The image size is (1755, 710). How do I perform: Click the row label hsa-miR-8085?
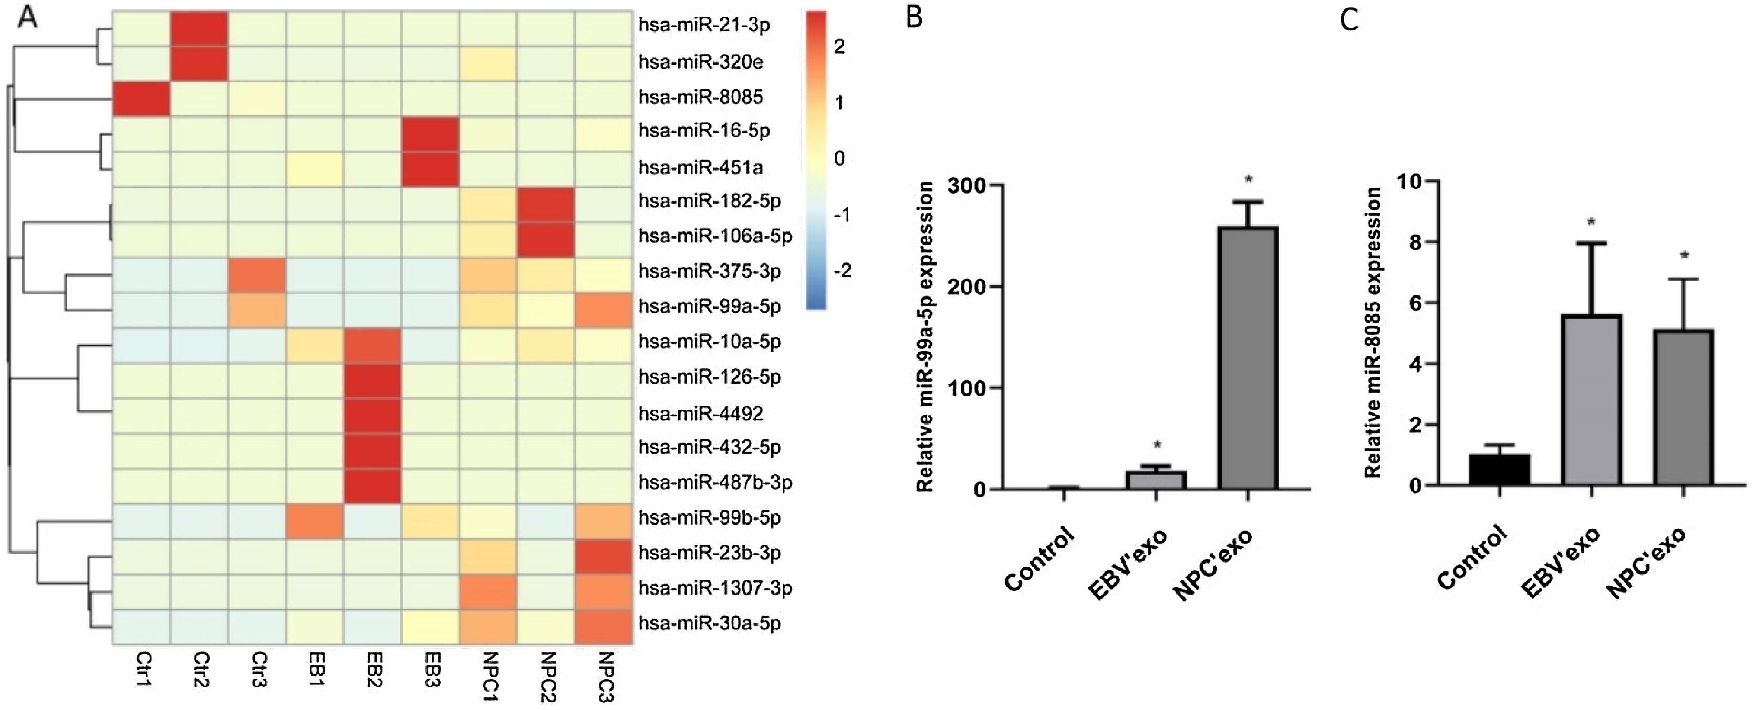coord(700,98)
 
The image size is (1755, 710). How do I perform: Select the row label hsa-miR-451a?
coord(700,167)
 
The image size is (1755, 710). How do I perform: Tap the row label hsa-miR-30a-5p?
coord(709,623)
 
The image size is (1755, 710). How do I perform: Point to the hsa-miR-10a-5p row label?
coord(709,342)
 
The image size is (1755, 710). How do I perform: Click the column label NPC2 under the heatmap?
coord(547,676)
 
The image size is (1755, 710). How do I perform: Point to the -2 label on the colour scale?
coord(843,271)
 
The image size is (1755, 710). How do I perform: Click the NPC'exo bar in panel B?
coord(1248,358)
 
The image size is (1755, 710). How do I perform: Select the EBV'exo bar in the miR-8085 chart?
coord(1592,400)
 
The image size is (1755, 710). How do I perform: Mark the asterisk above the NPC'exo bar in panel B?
coord(1248,179)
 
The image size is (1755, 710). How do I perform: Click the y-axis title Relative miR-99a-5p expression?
coord(925,336)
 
